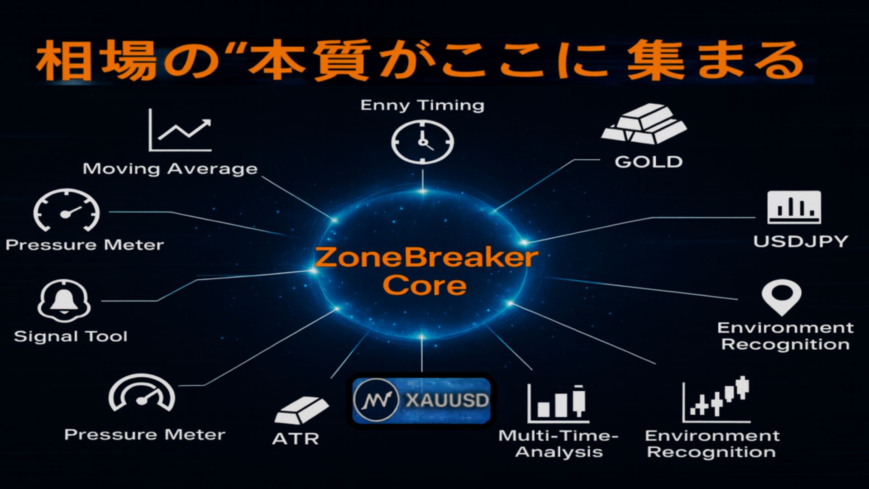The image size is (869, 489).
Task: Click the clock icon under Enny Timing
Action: (422, 142)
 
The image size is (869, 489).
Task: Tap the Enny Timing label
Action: (422, 105)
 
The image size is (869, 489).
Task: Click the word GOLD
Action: (648, 162)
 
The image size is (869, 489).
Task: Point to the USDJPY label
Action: (800, 241)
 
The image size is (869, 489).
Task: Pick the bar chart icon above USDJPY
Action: (794, 207)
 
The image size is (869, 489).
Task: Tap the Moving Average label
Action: (170, 169)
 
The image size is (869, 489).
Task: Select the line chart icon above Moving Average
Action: (180, 130)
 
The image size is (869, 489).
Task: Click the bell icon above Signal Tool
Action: (64, 301)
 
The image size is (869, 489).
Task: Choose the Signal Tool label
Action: (71, 336)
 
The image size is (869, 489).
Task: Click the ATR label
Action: (296, 438)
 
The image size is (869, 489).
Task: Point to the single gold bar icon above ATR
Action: (301, 410)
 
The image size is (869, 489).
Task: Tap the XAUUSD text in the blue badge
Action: (447, 400)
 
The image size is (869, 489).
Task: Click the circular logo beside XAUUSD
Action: (376, 400)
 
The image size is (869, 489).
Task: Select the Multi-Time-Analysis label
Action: (559, 443)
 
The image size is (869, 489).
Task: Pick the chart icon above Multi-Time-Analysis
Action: (558, 403)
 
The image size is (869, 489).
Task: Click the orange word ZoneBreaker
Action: (426, 257)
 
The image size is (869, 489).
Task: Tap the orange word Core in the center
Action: (424, 285)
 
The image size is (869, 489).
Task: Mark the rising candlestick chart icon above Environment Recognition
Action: (716, 399)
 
